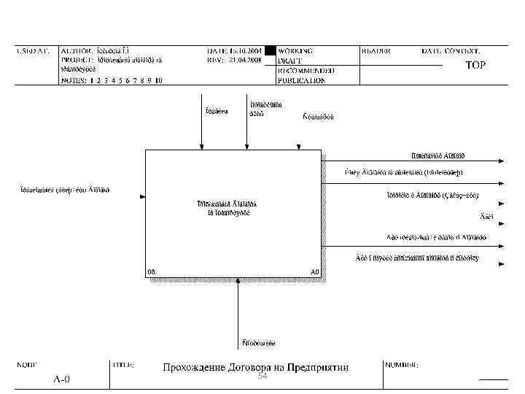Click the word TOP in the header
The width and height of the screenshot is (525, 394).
476,65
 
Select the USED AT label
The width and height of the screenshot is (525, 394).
34,51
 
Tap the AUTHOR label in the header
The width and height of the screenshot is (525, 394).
76,51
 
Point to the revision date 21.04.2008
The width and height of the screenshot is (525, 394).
244,61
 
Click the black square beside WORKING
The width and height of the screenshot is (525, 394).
271,51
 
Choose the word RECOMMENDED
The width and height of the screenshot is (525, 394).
306,71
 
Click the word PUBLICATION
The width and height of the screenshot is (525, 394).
301,80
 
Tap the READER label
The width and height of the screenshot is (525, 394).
376,51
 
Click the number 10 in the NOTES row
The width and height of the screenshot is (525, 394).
158,80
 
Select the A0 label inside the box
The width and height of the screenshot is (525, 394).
315,271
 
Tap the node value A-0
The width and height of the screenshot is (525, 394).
62,379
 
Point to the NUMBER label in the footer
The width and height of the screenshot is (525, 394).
402,364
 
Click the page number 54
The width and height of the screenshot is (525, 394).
262,376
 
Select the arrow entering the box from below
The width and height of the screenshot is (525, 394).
238,306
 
